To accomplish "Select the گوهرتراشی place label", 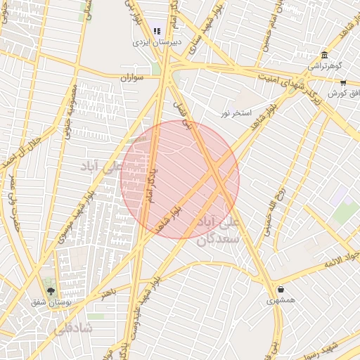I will coord(324,67).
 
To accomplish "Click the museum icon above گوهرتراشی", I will coord(323,56).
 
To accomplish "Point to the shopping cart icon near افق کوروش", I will coord(342,82).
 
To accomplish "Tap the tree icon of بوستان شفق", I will coord(50,290).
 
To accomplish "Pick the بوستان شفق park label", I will coord(49,302).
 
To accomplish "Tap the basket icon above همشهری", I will coord(281,289).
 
